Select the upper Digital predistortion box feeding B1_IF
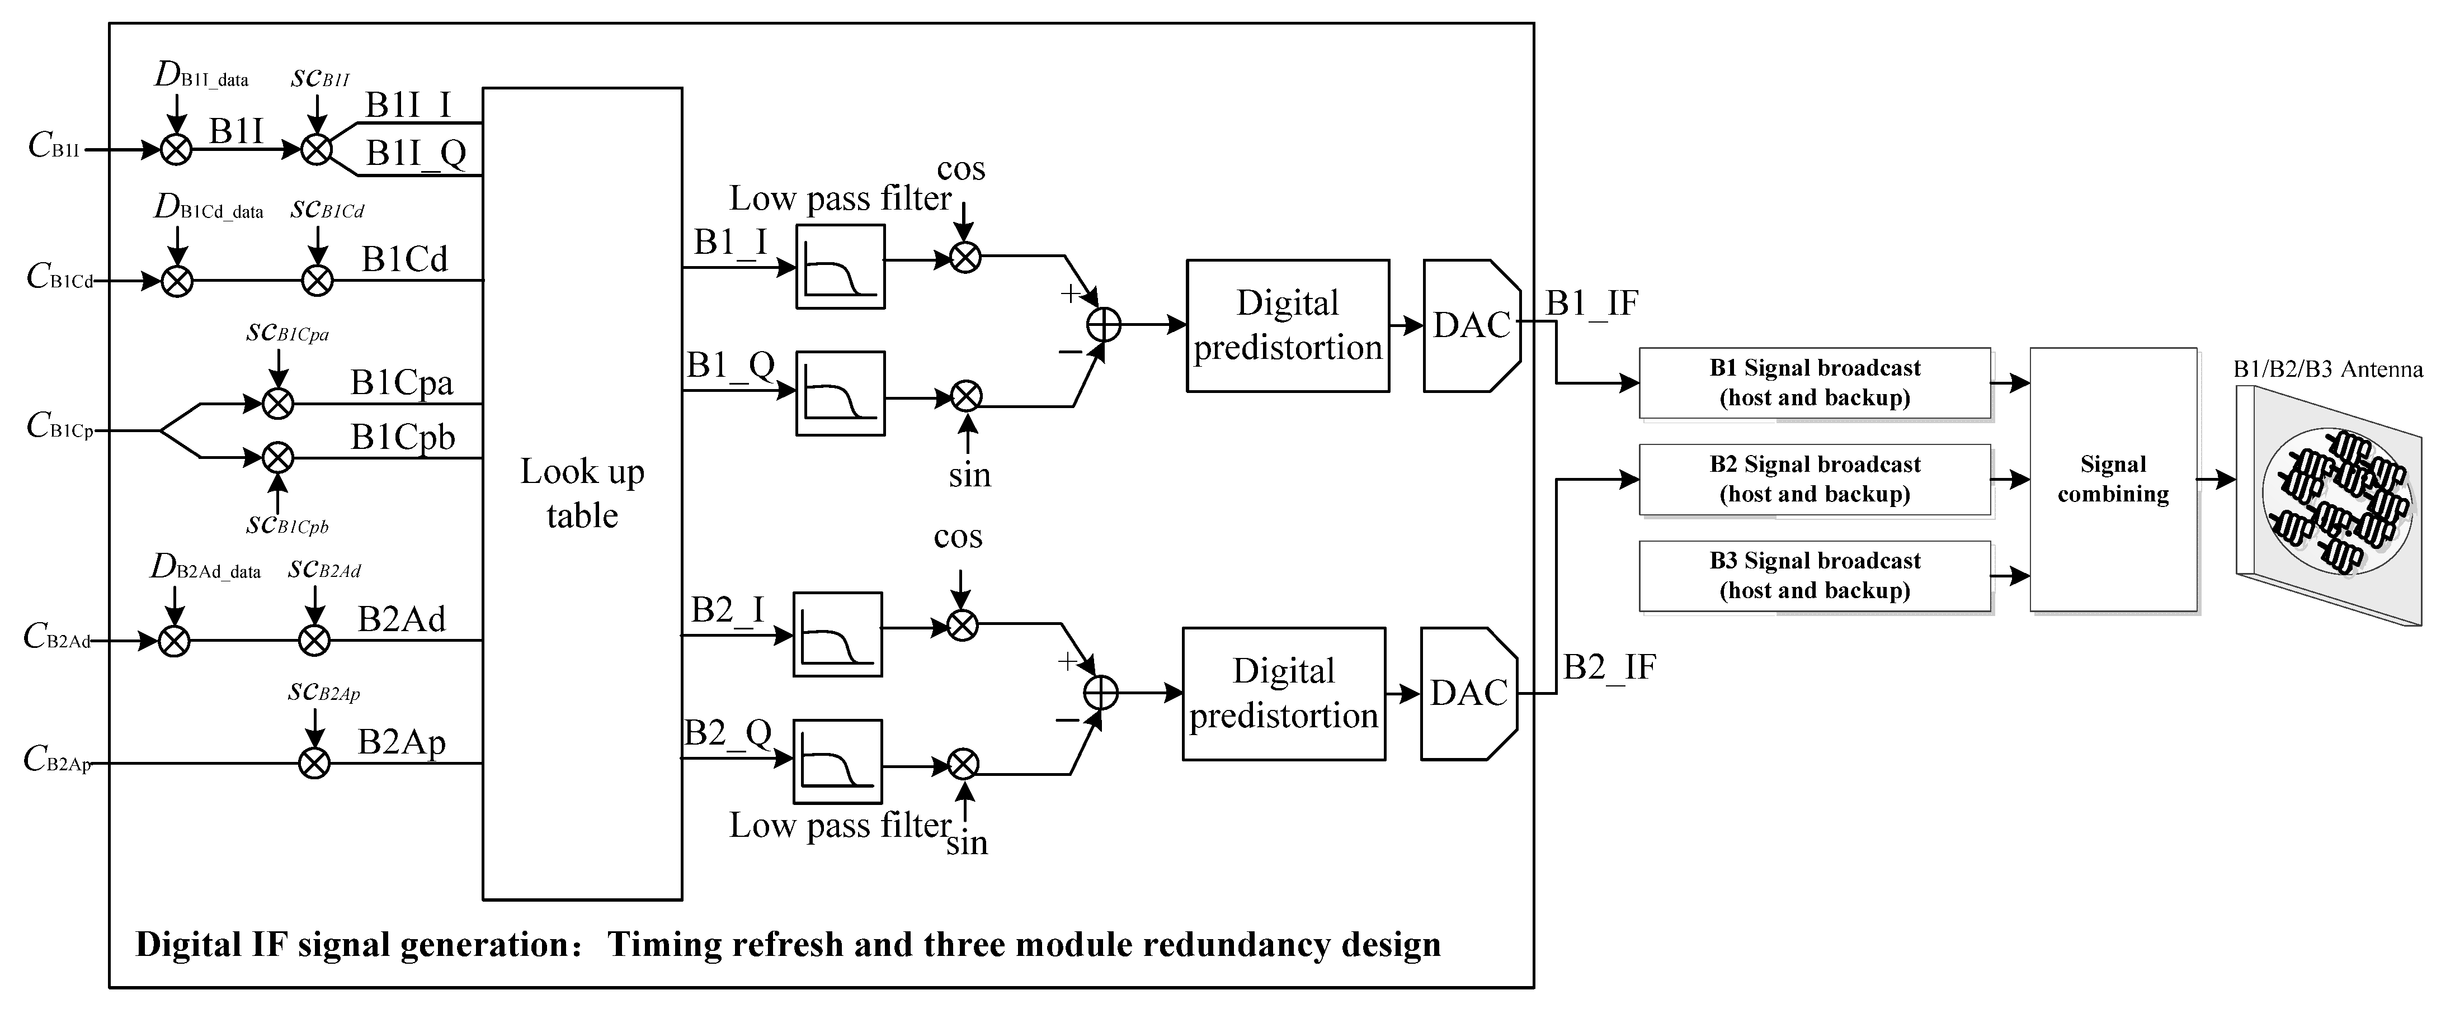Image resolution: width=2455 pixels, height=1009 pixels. [x=1288, y=326]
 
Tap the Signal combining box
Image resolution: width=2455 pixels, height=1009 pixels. [x=2113, y=479]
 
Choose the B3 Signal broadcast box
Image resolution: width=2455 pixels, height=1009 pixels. [x=1815, y=575]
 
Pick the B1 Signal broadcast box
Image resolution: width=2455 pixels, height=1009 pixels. [x=1815, y=383]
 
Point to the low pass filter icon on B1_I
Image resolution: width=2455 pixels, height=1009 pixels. [x=840, y=267]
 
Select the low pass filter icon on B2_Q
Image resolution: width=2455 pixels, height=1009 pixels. [x=838, y=762]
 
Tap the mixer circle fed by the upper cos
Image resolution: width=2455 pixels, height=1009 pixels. [x=965, y=257]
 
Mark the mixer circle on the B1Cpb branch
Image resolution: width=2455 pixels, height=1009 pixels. [x=279, y=458]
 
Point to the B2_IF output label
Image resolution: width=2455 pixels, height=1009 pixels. [x=1610, y=667]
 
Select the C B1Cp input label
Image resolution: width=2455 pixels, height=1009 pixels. [x=60, y=425]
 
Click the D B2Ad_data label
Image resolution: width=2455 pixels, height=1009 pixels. [x=205, y=568]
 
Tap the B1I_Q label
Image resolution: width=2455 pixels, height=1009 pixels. [x=417, y=153]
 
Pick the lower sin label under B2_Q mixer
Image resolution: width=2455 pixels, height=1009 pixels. [x=967, y=843]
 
